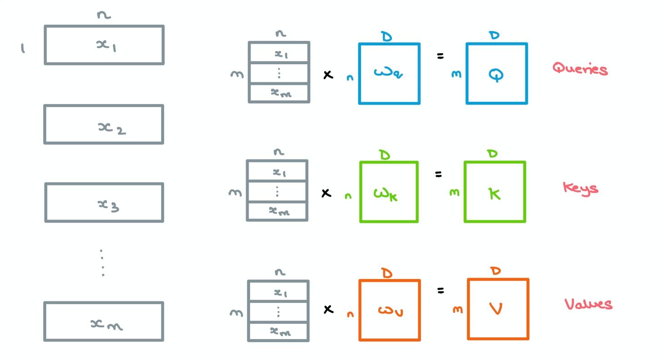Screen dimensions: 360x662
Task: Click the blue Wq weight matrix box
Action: [x=389, y=74]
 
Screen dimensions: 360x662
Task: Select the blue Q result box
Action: [x=496, y=74]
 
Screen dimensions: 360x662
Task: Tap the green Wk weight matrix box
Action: [x=389, y=192]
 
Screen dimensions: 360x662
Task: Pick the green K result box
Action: [x=495, y=192]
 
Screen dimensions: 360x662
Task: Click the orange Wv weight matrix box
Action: [x=389, y=310]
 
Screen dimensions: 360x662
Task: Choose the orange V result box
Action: [x=498, y=310]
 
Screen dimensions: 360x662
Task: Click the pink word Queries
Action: [x=580, y=69]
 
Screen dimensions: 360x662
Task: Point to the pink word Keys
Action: [x=580, y=187]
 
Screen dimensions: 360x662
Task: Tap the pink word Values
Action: [x=588, y=304]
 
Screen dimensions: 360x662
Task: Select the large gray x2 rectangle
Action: [x=104, y=125]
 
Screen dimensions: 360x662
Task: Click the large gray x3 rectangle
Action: [x=104, y=203]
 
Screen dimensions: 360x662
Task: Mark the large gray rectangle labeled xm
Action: [x=104, y=321]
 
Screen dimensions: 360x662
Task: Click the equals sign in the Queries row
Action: [x=440, y=56]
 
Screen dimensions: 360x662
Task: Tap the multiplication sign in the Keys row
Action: [x=326, y=193]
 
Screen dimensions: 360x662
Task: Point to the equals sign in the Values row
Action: [x=440, y=290]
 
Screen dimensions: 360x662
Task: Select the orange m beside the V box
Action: [x=458, y=310]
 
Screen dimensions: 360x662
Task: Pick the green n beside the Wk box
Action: [x=348, y=197]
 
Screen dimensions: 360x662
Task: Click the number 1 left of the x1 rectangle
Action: [x=23, y=48]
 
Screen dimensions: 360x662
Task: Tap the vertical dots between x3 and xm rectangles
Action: [x=102, y=263]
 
